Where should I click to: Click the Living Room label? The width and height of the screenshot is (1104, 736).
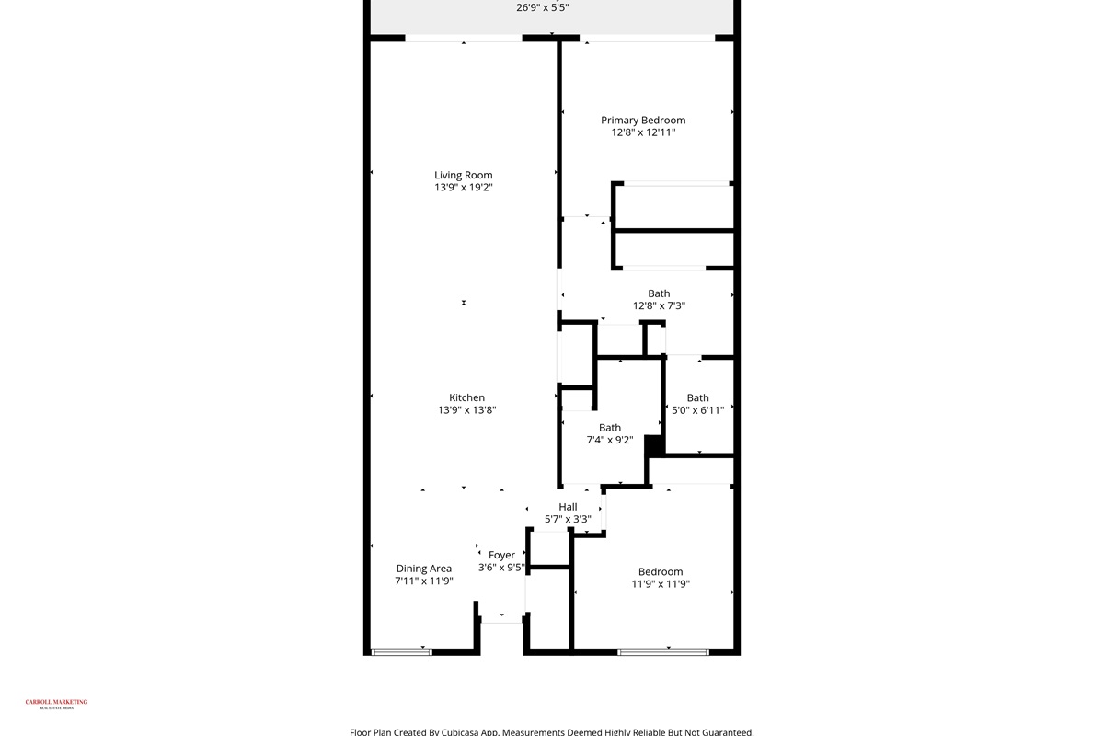tap(464, 175)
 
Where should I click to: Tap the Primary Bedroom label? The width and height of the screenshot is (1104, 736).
tap(643, 121)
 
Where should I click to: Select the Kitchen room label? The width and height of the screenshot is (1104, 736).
tap(467, 397)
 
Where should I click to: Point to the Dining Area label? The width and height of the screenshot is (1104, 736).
tap(424, 569)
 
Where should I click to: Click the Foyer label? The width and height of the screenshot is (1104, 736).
tap(501, 555)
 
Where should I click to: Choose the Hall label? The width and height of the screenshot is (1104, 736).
tap(568, 507)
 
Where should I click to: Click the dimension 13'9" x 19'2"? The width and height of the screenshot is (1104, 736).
tap(464, 188)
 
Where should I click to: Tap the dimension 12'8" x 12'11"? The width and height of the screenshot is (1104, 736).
tap(643, 132)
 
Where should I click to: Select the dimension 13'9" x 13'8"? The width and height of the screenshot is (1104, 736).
tap(467, 410)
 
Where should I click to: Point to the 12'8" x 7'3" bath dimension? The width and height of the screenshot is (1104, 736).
tap(659, 305)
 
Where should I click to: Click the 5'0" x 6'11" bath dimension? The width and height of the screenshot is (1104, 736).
tap(697, 410)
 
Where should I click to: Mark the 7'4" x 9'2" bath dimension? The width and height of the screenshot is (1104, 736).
tap(610, 440)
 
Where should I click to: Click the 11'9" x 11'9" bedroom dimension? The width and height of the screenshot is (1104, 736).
tap(661, 584)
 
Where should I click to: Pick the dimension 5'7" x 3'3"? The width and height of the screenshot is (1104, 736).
tap(568, 519)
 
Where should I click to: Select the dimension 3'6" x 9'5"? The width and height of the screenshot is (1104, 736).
tap(501, 568)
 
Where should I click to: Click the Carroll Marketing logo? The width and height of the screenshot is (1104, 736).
tap(56, 704)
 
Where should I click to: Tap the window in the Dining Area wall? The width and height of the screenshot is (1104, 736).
tap(401, 652)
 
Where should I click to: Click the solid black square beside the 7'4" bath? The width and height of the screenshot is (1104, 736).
tap(654, 445)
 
